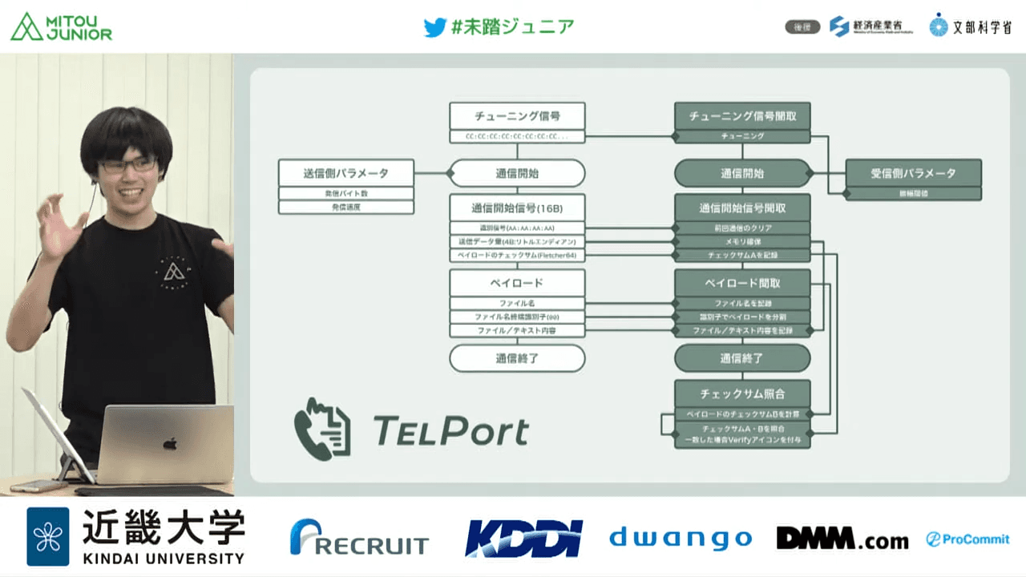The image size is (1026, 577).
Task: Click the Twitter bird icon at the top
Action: (434, 27)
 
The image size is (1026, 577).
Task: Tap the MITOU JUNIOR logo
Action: (61, 26)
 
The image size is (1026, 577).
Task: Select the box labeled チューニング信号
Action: (517, 115)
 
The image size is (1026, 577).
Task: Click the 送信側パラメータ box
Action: (346, 172)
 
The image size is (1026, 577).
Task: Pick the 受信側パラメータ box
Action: (914, 172)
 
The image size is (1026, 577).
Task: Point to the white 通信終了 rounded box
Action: (517, 358)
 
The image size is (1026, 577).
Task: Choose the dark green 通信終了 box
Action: (742, 358)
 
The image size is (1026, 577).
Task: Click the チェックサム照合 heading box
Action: (742, 393)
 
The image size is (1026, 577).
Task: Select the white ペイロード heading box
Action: (517, 283)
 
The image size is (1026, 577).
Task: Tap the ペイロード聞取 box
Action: (742, 283)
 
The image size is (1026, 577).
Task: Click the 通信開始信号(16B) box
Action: (517, 208)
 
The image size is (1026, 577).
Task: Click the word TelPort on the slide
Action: (451, 430)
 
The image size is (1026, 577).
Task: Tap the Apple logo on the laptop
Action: (169, 442)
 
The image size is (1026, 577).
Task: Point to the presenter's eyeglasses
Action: (128, 165)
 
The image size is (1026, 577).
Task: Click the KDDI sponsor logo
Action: (523, 538)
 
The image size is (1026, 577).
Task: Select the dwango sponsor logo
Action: (681, 539)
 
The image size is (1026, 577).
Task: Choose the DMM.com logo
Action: (842, 539)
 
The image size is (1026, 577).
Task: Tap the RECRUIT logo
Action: (359, 539)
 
